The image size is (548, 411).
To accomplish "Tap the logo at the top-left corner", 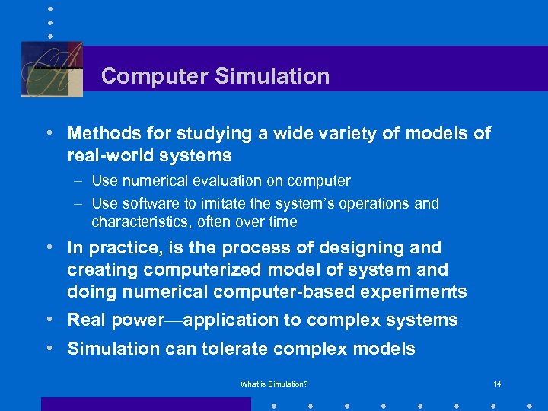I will click(52, 69).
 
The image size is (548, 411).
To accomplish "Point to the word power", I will click(138, 320).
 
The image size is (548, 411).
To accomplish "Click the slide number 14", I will click(497, 384).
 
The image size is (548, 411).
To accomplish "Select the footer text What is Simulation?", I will click(274, 384).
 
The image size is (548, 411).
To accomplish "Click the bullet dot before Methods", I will click(49, 132).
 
